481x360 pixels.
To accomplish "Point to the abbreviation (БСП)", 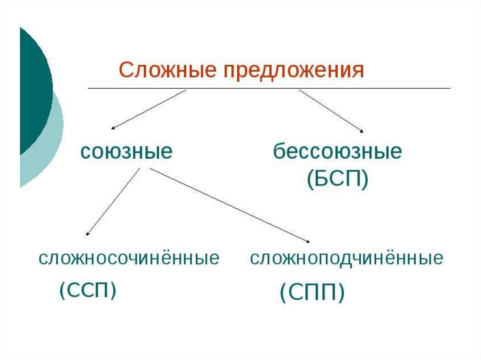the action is pyautogui.click(x=337, y=180).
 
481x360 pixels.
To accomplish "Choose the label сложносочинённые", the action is pyautogui.click(x=129, y=259).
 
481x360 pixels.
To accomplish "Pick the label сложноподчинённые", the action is pyautogui.click(x=347, y=259).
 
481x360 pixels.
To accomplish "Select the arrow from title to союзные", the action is pyautogui.click(x=149, y=109).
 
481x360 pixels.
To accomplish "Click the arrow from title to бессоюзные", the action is pyautogui.click(x=331, y=111).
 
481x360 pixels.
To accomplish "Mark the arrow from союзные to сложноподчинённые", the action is pyautogui.click(x=230, y=206).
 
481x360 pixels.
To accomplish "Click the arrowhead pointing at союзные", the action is pyautogui.click(x=113, y=128).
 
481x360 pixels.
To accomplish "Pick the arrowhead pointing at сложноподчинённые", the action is pyautogui.click(x=308, y=241).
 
